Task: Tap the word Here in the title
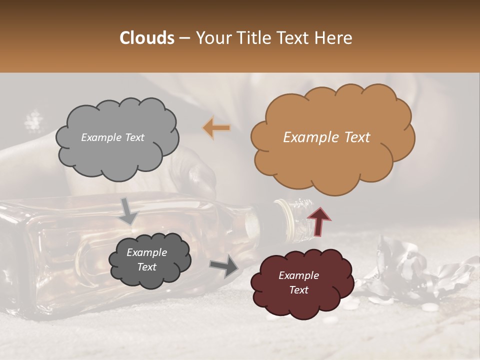pos(332,38)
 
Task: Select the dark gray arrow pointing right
pos(224,265)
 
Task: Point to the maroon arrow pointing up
pos(319,221)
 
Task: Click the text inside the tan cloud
pos(326,137)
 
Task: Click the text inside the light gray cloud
pos(112,137)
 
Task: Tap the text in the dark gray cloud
pos(146,260)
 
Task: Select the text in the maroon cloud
pos(298,282)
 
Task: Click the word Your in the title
pos(211,38)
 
